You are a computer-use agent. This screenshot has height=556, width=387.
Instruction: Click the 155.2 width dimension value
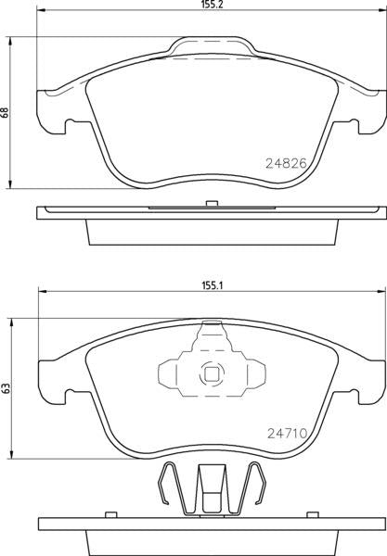(212, 5)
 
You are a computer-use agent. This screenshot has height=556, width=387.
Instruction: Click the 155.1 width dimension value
(212, 285)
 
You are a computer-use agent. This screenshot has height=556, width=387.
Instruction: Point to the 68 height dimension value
(5, 112)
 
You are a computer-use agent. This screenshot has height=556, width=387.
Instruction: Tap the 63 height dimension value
(6, 388)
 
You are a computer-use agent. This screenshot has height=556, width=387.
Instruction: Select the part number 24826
(286, 163)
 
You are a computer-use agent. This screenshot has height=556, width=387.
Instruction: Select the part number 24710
(287, 433)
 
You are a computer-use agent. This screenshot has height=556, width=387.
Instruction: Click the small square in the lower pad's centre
(212, 374)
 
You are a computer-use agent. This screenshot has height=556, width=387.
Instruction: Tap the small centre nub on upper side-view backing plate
(212, 204)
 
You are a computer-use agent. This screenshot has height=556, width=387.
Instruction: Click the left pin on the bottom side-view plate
(111, 514)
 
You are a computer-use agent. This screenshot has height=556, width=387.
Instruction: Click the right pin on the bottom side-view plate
(313, 514)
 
